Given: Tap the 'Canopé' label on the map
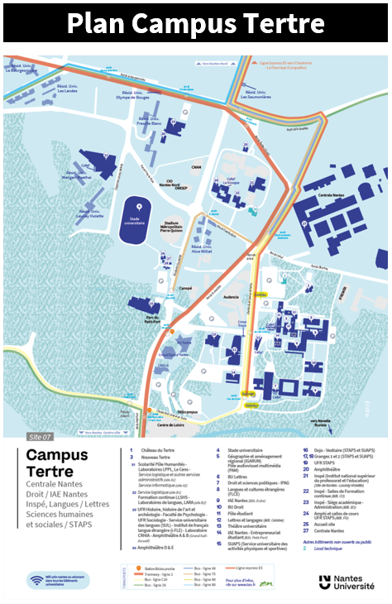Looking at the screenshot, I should [x=186, y=289].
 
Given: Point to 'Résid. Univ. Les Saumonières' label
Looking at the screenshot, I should [x=256, y=95].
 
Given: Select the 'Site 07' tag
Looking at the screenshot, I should [x=41, y=436].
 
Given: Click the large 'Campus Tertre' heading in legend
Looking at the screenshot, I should [x=55, y=463].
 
